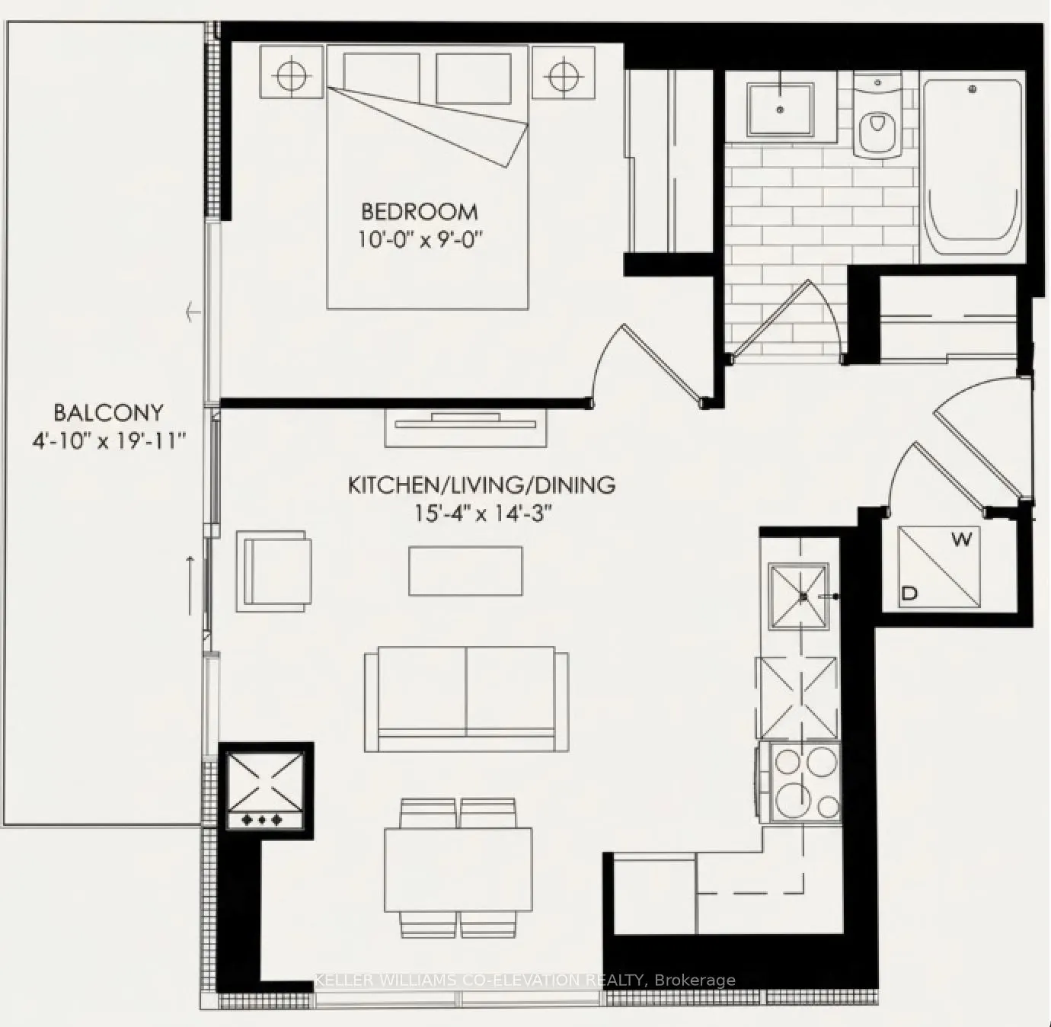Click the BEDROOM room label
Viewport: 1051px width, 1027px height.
(419, 211)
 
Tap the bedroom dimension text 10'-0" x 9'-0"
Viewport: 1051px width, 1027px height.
(421, 239)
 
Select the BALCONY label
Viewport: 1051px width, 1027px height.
(108, 413)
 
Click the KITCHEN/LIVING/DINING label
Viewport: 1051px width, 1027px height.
(481, 485)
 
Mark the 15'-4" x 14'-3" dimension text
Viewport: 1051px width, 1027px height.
(481, 513)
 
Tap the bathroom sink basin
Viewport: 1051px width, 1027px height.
(780, 109)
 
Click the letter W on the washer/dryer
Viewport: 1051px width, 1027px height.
(962, 540)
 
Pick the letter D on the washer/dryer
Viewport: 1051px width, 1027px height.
(909, 593)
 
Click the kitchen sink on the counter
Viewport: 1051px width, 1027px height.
(797, 597)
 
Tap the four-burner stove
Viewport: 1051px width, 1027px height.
(805, 782)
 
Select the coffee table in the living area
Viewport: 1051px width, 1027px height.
(465, 571)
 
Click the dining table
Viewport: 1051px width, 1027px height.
(458, 869)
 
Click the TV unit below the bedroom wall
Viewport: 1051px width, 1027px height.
(466, 427)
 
